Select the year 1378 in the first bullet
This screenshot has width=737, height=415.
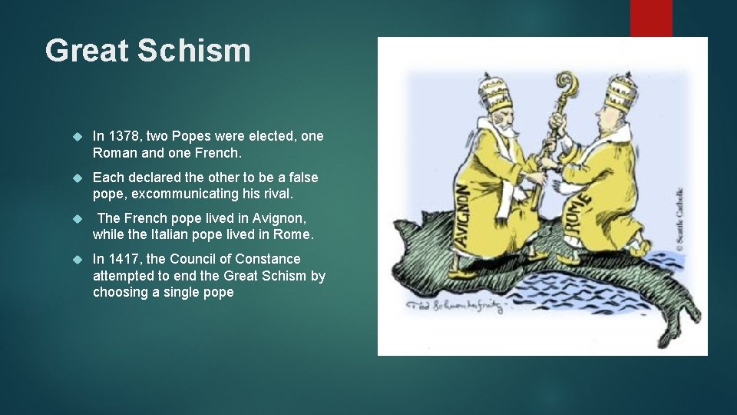pos(121,136)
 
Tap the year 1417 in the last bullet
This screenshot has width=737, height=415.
pos(121,259)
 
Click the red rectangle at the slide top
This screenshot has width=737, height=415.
pos(651,18)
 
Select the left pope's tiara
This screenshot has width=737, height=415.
pos(494,94)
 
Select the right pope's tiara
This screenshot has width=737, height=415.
pos(620,93)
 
